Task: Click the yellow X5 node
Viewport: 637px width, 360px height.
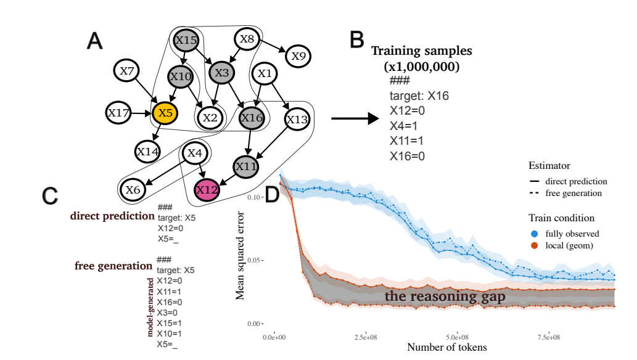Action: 165,113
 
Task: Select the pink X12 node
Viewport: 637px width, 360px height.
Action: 207,190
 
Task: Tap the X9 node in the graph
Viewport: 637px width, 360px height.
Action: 298,56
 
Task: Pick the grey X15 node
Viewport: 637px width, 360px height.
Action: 186,40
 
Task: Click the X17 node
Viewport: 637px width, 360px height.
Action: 118,113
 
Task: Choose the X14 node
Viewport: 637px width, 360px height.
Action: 148,150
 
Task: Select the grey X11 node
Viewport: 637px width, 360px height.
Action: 246,166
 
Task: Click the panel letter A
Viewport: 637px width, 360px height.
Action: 95,41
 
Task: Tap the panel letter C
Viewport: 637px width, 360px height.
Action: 51,196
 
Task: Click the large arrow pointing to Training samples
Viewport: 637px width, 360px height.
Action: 354,118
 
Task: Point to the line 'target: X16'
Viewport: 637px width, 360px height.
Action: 419,96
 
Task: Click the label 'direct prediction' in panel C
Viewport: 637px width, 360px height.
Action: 112,216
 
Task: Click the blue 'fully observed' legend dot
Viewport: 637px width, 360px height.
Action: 535,234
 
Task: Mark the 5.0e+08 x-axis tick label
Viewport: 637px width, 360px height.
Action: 457,337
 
